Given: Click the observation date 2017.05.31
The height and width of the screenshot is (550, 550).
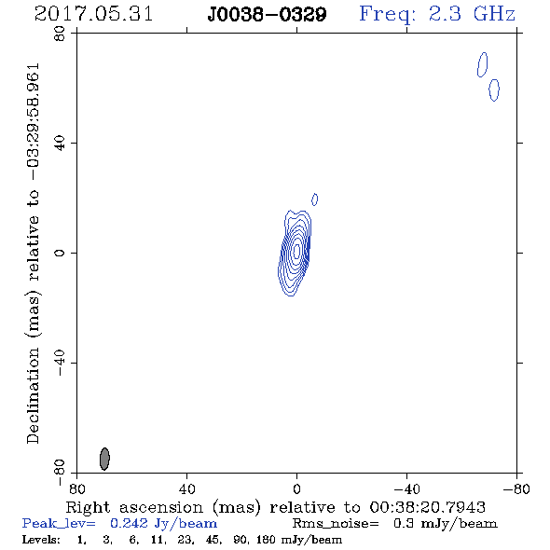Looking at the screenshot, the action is [x=93, y=14].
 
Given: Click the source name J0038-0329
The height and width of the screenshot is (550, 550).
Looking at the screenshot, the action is [x=267, y=15].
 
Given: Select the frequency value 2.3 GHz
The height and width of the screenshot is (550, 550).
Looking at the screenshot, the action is [x=472, y=14].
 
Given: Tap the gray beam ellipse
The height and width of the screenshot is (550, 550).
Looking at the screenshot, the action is [x=104, y=459].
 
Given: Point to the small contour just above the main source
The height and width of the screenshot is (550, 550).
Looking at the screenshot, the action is [x=315, y=199].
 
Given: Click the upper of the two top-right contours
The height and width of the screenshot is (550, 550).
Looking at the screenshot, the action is [x=482, y=64].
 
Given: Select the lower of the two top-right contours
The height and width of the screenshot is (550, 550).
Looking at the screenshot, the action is [x=494, y=90].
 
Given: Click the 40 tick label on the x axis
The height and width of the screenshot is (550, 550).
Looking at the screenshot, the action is [x=186, y=488].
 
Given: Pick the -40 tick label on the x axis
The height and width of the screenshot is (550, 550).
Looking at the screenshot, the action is [x=406, y=488].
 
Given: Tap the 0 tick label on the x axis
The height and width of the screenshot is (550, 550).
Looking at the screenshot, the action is [x=296, y=488].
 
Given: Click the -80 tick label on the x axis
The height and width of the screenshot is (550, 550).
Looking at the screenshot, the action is [x=516, y=488].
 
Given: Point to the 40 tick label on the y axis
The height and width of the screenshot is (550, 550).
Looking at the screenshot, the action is [x=60, y=143].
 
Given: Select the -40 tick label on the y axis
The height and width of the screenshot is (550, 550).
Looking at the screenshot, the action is [x=60, y=363].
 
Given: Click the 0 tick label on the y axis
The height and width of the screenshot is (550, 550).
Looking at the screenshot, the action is [x=60, y=253].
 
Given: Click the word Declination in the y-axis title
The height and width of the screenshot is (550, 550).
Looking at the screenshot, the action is [x=33, y=395].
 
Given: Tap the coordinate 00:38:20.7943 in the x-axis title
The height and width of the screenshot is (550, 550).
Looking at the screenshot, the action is [x=427, y=507].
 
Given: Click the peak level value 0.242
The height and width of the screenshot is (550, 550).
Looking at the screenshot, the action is [x=129, y=523].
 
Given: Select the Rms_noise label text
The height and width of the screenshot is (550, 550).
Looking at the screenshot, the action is [x=336, y=524].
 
